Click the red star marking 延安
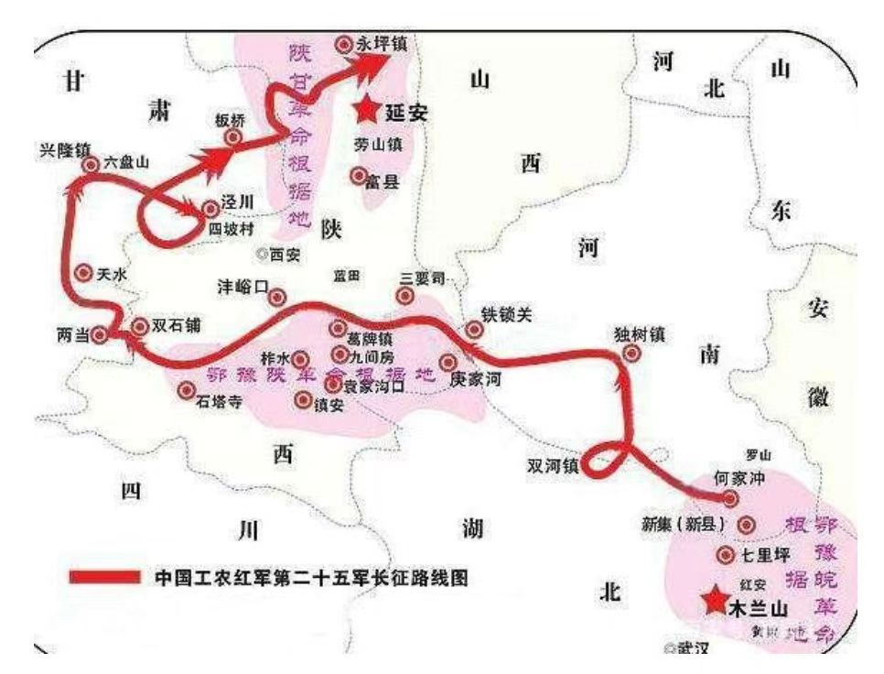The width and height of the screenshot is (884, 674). (368, 109)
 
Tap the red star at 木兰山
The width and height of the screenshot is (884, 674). (713, 600)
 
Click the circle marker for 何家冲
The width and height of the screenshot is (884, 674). (730, 498)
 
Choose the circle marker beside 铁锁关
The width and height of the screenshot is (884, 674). (474, 330)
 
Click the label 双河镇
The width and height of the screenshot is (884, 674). (552, 465)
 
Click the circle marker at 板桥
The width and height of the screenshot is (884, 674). (233, 137)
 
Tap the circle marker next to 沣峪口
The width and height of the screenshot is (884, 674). (276, 296)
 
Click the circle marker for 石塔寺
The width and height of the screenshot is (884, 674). (187, 390)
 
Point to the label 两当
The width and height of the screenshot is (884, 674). (72, 336)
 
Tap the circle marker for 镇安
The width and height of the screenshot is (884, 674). (304, 399)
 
